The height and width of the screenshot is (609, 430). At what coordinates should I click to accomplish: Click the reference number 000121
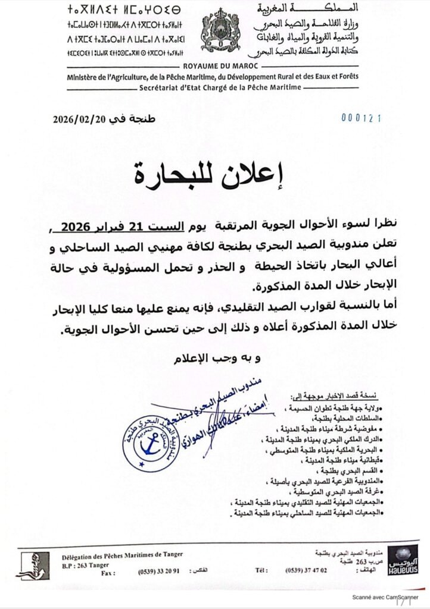point(360,118)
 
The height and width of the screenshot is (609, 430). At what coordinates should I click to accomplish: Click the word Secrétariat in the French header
point(164,87)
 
